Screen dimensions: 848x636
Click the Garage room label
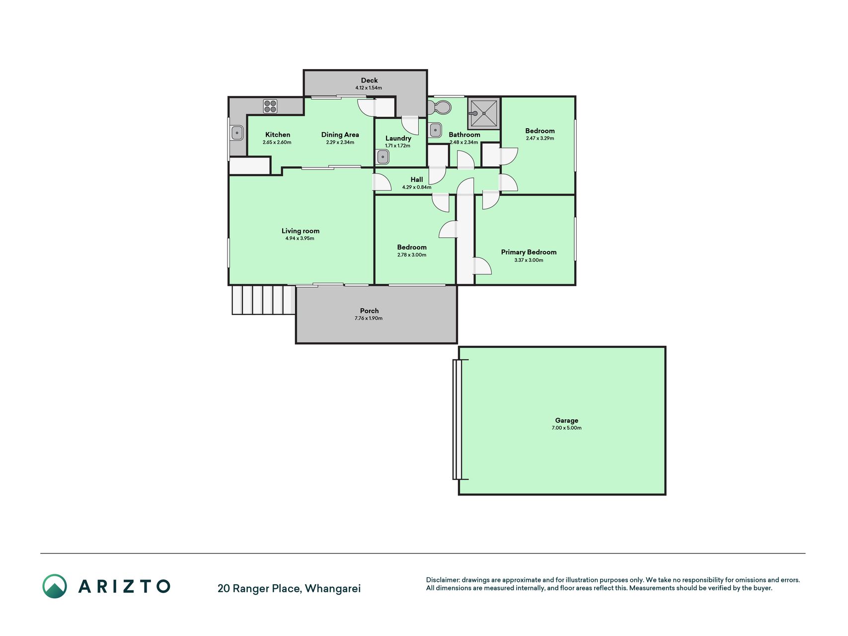pos(566,420)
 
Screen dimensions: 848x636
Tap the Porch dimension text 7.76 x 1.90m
pos(369,318)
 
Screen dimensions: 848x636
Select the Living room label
pos(300,231)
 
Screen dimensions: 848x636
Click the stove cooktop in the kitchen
pos(270,106)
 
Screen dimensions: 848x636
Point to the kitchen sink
pos(237,133)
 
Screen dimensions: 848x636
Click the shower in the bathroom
pos(483,113)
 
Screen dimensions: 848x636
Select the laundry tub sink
pos(383,157)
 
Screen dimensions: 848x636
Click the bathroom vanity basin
pos(436,130)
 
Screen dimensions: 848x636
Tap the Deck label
pos(369,80)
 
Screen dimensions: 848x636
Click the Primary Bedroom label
pos(529,252)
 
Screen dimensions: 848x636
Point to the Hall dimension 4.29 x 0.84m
pos(416,187)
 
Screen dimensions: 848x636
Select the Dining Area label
pos(340,135)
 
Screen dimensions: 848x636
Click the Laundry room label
pos(398,139)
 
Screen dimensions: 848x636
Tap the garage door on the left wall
pos(458,419)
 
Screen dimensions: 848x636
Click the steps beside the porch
pos(264,300)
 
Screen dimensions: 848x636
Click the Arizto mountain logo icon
pos(55,586)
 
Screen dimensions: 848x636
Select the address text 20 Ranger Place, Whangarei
pos(289,589)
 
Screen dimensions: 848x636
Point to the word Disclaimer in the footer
pos(443,580)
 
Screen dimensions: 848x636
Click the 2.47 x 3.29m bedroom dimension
pos(540,139)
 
